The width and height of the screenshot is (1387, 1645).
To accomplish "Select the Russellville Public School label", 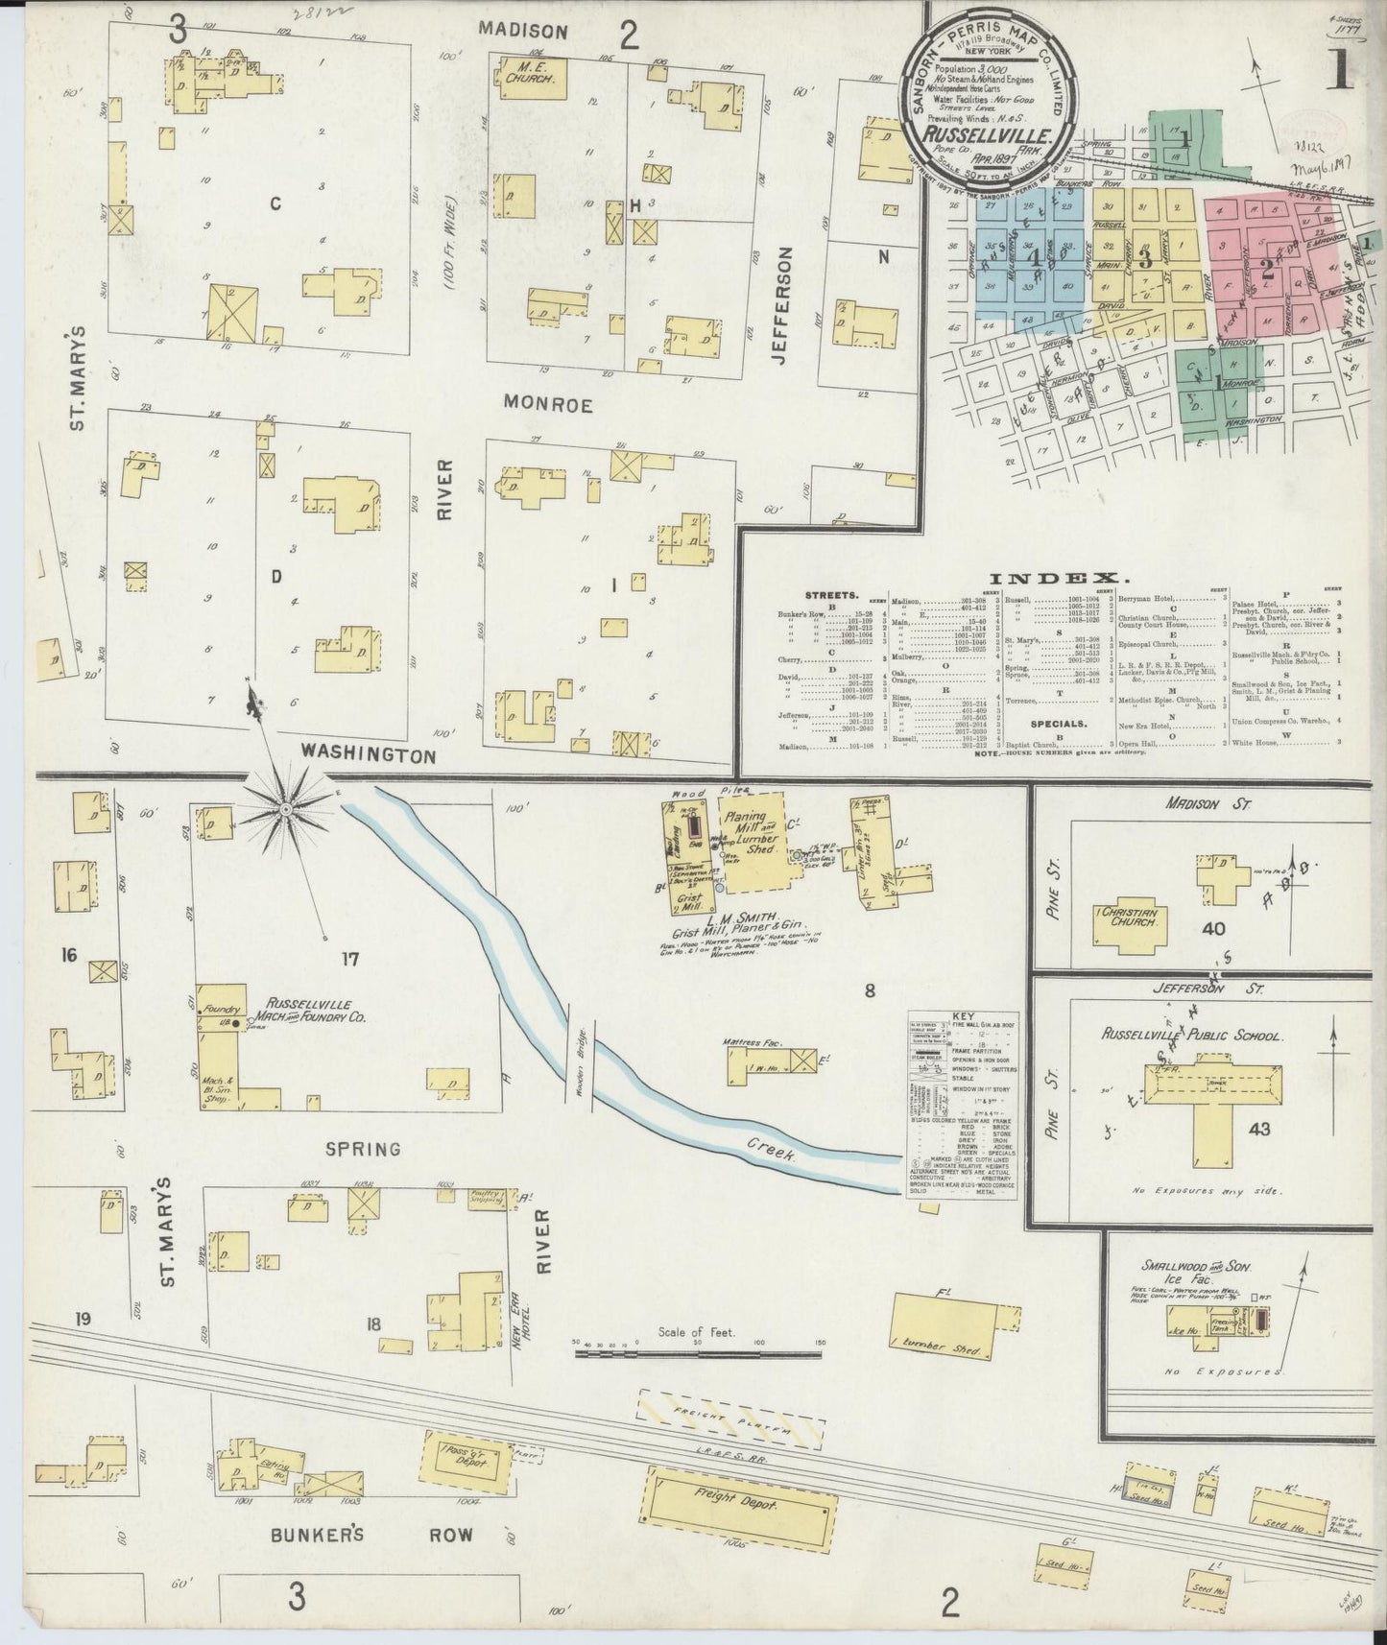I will (x=1193, y=1037).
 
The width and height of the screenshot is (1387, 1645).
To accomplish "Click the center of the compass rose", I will (x=285, y=811).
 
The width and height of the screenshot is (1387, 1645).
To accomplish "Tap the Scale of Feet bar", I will (x=698, y=1353).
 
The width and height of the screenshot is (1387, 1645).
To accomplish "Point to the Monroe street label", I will (x=550, y=405).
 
